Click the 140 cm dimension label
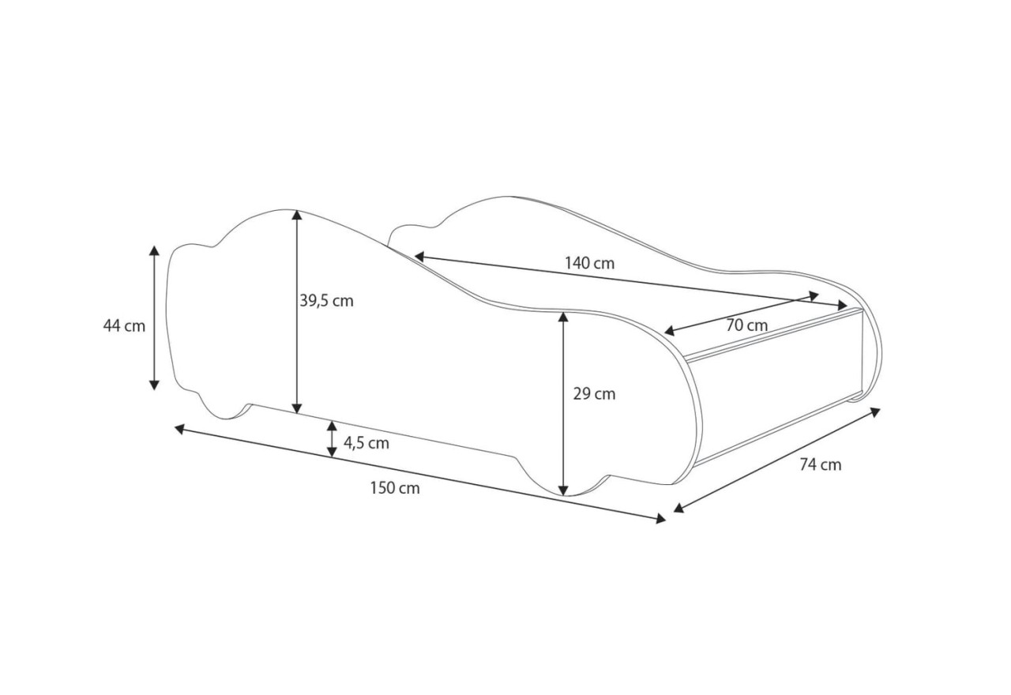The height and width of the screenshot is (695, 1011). [589, 263]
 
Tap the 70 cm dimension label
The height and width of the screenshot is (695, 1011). [746, 325]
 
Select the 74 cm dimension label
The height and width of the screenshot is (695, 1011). [821, 465]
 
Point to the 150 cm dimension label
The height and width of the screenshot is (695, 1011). [395, 488]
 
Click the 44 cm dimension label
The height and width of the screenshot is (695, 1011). [124, 326]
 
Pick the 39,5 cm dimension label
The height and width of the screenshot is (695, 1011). [327, 301]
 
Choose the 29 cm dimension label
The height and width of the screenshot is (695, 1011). [595, 394]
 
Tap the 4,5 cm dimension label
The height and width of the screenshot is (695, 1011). [366, 443]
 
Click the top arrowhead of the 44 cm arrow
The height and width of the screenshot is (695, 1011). [154, 251]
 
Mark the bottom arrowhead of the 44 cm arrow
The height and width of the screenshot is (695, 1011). [154, 385]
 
